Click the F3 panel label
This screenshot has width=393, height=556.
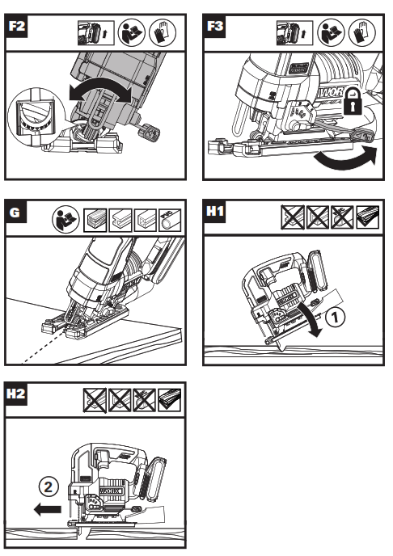pos(214,27)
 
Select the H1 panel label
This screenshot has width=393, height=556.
pos(214,215)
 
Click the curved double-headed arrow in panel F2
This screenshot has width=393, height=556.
pos(96,91)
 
